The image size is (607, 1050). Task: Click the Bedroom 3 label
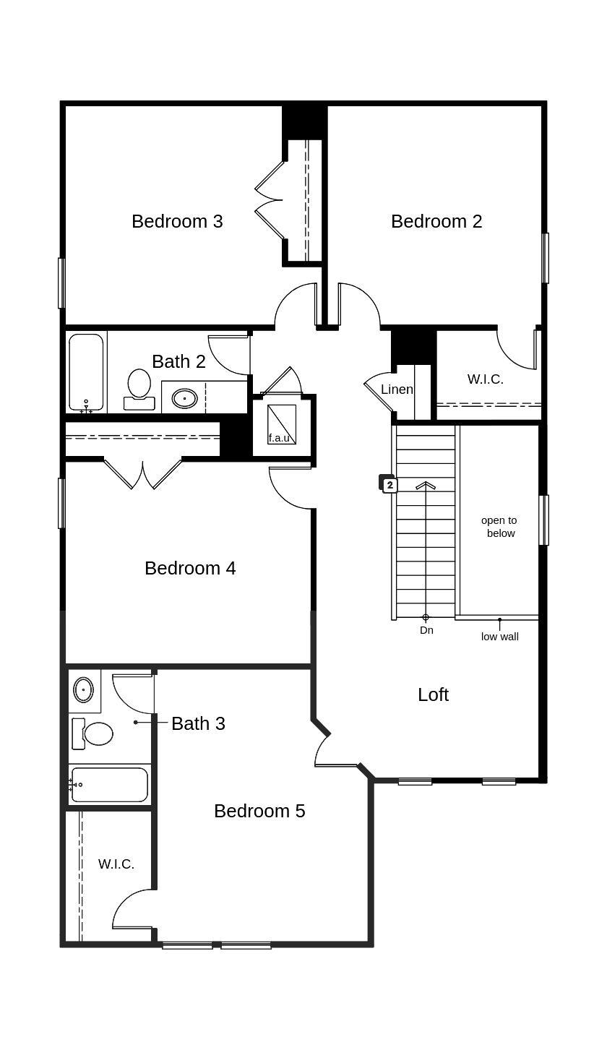tap(177, 221)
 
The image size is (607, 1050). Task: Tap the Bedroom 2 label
tap(436, 221)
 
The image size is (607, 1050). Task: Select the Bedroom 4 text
tap(190, 568)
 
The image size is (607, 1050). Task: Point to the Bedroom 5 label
tap(259, 811)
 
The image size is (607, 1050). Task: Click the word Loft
tap(433, 694)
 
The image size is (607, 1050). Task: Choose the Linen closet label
tap(397, 390)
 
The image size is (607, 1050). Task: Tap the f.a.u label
tap(279, 438)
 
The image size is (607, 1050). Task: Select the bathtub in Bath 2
tap(86, 371)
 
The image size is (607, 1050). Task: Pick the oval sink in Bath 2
tap(185, 397)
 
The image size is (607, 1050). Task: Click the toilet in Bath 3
tap(94, 733)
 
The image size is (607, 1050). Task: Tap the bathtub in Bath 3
tap(109, 785)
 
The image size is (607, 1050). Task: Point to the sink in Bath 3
tap(84, 690)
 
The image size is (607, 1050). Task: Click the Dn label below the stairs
tap(426, 630)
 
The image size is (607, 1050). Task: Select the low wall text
tap(499, 637)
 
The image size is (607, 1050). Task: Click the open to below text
tap(499, 527)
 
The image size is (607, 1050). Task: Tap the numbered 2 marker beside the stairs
tap(389, 485)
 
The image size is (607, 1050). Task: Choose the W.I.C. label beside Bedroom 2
tap(485, 379)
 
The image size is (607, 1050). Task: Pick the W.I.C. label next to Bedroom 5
tap(116, 864)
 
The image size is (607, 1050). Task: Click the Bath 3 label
tap(198, 723)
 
